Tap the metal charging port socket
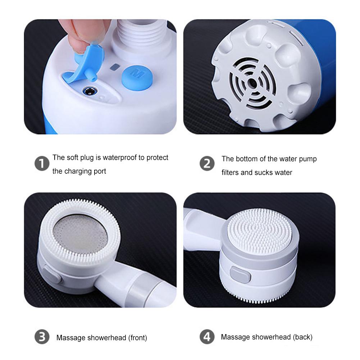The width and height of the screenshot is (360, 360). click(x=88, y=91)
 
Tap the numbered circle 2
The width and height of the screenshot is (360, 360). click(x=207, y=164)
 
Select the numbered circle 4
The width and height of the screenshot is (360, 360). click(x=207, y=337)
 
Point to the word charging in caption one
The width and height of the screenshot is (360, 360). click(x=78, y=171)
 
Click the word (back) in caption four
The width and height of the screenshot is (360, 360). click(x=302, y=337)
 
